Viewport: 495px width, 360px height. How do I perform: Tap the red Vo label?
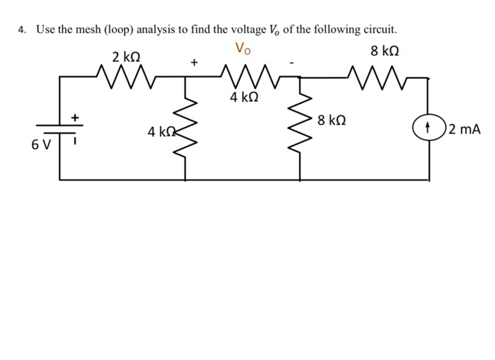(x=243, y=49)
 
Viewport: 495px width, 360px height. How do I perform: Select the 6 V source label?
(x=41, y=146)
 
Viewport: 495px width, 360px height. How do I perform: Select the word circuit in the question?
(x=380, y=30)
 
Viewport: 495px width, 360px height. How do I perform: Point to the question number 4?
(x=22, y=30)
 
